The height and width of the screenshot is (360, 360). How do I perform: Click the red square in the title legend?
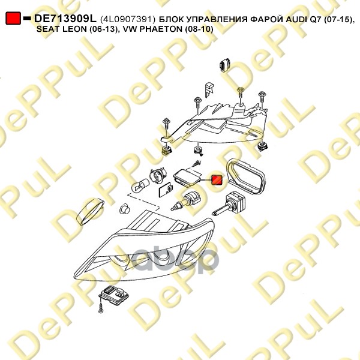tap(13, 19)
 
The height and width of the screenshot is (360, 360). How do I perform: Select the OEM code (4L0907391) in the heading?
tap(128, 19)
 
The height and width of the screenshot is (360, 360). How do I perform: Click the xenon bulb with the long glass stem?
tap(236, 200)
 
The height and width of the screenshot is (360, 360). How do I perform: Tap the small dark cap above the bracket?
tap(226, 62)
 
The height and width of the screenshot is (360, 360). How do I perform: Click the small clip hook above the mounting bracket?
tap(208, 88)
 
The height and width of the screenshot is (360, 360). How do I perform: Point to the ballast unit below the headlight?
tap(115, 298)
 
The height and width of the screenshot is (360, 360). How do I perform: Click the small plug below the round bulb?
tap(125, 208)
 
